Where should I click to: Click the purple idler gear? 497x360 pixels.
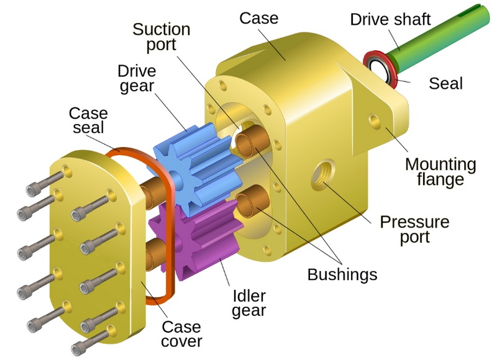point(196,241)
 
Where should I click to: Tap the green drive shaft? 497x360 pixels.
point(437,38)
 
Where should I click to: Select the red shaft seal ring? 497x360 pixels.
point(381,69)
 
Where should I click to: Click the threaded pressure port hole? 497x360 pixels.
point(323,174)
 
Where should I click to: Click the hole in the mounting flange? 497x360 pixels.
point(375,121)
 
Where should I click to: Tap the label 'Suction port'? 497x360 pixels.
point(162,37)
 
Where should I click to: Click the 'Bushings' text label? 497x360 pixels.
point(342,274)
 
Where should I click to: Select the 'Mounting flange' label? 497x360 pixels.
point(440,172)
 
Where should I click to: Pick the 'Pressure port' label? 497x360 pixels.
point(414,229)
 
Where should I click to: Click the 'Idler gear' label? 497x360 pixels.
point(249,304)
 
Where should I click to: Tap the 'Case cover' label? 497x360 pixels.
point(181,334)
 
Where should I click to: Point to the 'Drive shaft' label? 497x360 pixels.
point(391,20)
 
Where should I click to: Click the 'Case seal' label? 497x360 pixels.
point(88,120)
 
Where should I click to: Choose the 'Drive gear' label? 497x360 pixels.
point(137,78)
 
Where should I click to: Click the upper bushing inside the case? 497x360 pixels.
point(252,141)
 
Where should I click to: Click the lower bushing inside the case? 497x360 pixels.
point(253,200)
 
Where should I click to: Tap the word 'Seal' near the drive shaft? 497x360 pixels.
point(445,84)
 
